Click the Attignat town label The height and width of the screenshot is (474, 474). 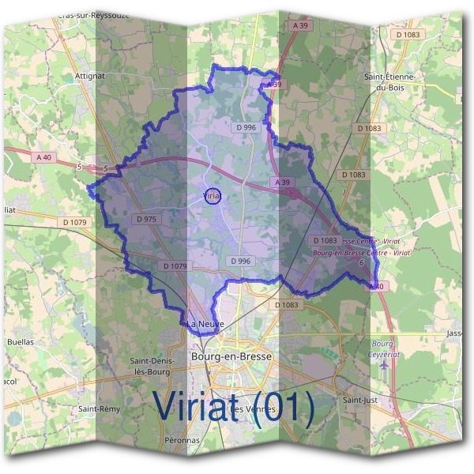(x=90, y=77)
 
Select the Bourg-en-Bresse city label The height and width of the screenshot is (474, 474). (x=231, y=356)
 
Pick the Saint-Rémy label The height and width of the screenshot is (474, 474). (x=99, y=409)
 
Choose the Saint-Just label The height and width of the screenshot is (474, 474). (x=359, y=400)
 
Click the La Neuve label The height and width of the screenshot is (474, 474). (x=206, y=324)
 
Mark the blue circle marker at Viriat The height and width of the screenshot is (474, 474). (x=212, y=195)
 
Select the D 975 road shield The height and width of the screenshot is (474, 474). (x=145, y=219)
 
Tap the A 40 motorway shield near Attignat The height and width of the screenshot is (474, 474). (x=43, y=157)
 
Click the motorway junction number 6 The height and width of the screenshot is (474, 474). (x=361, y=263)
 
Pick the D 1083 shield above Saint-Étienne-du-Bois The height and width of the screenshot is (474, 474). (x=408, y=35)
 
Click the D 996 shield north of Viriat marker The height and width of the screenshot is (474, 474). (x=246, y=127)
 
